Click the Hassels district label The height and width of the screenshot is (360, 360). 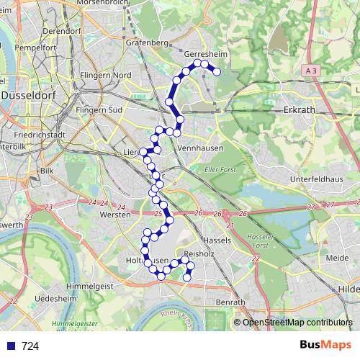[216, 239]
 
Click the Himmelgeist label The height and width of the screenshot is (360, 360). [90, 287]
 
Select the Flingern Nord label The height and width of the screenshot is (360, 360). [106, 75]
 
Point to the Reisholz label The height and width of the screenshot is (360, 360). [200, 254]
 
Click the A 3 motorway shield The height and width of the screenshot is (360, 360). [310, 71]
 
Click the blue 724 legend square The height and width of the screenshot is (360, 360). [9, 346]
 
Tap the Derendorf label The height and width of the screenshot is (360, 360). [62, 32]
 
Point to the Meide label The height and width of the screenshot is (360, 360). [336, 258]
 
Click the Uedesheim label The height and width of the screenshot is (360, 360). [56, 298]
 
